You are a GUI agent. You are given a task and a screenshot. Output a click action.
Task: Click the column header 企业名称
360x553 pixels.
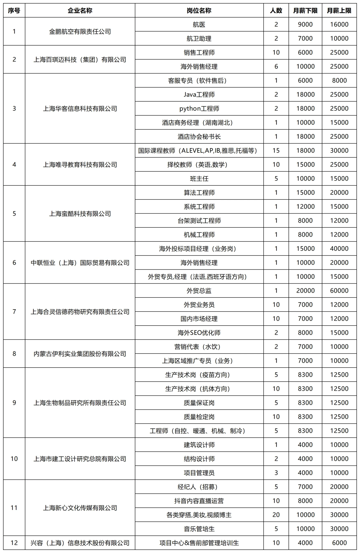coord(80,11)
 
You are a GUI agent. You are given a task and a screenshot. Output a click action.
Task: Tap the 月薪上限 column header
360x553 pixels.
coord(339,11)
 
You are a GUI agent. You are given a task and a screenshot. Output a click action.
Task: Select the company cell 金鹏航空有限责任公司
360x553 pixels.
coord(80,32)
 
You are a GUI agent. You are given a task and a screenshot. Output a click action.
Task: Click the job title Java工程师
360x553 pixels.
coord(199,95)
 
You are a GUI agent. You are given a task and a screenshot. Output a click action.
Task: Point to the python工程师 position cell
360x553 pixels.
coord(199,109)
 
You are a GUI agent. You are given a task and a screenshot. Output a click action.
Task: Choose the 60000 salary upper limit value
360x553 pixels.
coord(339,291)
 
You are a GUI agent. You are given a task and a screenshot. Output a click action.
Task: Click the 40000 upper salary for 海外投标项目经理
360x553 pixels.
coord(339,248)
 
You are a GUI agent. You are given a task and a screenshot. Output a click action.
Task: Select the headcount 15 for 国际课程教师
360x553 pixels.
coord(276,151)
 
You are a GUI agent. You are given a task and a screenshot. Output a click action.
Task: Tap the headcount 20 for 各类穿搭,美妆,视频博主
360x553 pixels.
coord(276,515)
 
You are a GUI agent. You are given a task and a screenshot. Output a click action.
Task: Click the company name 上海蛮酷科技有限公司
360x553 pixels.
coord(80,214)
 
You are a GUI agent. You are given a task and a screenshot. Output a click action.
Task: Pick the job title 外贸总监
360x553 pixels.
coord(199,291)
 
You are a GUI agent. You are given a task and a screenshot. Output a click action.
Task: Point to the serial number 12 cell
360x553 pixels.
coord(14,543)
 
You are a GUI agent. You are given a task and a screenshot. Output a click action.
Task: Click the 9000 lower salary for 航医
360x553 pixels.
coord(305,24)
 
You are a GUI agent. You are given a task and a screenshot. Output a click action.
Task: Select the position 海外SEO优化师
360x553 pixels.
coord(199,333)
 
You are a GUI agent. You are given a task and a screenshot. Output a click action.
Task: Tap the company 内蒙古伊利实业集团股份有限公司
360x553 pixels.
coord(80,354)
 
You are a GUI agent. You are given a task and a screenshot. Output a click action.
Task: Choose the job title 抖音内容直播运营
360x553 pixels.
coord(199,501)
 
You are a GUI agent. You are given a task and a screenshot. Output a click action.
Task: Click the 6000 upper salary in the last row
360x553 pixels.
coord(339,543)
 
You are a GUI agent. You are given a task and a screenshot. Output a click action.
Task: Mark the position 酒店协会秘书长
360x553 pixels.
coord(199,136)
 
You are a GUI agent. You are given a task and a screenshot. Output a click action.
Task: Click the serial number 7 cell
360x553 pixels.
coord(14,312)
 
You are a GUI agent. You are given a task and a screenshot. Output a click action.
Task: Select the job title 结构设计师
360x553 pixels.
coord(199,459)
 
